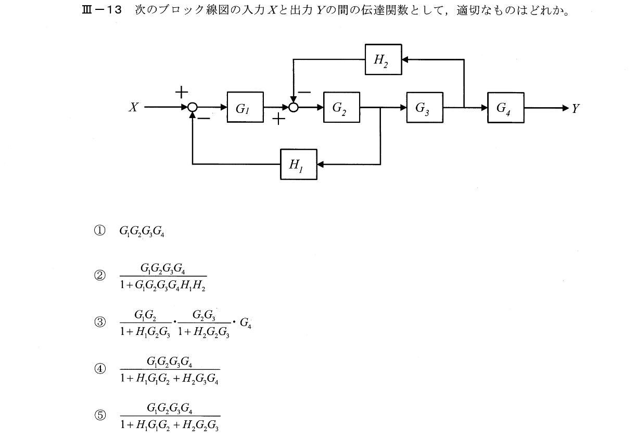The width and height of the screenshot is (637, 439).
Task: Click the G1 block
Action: pos(245,108)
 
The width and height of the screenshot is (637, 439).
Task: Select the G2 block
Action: pos(341,108)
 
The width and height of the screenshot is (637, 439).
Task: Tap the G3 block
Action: pos(425,108)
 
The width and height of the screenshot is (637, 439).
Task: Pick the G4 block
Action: pos(506,108)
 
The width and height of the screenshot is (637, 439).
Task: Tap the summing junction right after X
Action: pos(193,108)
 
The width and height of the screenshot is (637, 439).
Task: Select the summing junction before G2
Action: pos(294,108)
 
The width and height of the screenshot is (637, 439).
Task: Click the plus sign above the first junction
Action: pos(181,93)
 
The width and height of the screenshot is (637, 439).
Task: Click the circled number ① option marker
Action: pos(99,230)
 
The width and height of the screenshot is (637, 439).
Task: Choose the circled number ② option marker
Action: pos(99,276)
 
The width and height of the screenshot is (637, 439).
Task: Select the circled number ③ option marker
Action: pos(99,322)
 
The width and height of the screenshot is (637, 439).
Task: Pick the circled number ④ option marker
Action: pos(99,369)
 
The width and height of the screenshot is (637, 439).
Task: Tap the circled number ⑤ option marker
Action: pos(99,415)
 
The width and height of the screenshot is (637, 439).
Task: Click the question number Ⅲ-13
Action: pos(98,10)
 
